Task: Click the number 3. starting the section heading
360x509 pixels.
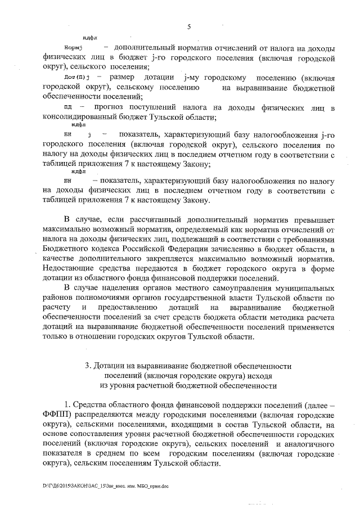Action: tap(89, 366)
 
